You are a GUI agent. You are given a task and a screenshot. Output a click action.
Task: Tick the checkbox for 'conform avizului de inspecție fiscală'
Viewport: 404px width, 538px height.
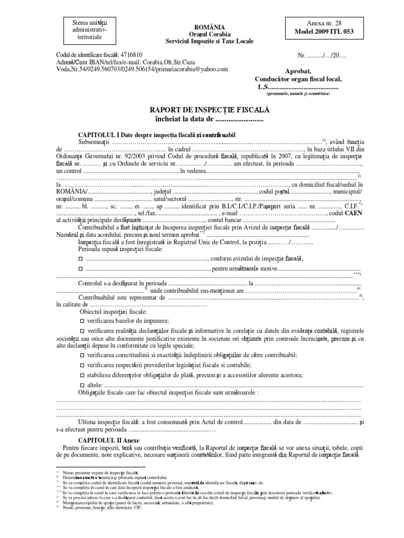80,259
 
